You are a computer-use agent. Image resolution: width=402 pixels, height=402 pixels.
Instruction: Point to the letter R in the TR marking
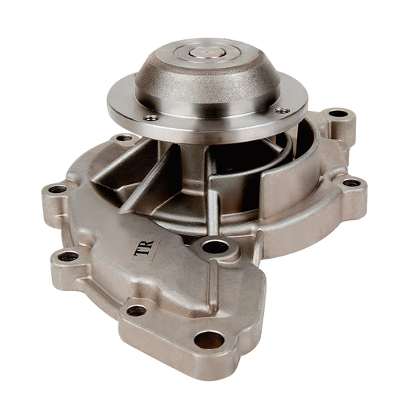point(149,246)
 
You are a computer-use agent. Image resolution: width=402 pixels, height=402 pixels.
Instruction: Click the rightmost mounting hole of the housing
point(351,183)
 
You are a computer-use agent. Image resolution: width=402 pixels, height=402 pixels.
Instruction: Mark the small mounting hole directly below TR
point(136,310)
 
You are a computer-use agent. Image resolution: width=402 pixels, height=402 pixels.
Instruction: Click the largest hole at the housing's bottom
point(209,339)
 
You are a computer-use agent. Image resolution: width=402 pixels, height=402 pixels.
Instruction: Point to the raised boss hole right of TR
point(216,247)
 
